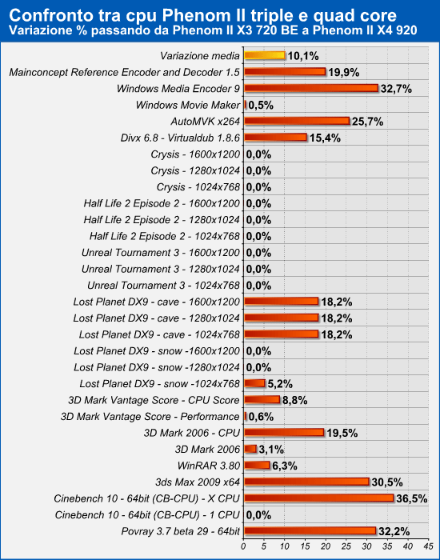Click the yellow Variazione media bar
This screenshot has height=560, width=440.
(x=265, y=55)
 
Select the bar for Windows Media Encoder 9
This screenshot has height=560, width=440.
(x=311, y=88)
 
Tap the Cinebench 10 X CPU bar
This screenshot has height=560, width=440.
(x=319, y=498)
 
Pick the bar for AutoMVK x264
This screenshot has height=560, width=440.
(x=297, y=121)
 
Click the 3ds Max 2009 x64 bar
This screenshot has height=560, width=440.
(x=306, y=482)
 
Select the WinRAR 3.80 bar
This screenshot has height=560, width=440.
(x=257, y=465)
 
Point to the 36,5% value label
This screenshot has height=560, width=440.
(x=412, y=498)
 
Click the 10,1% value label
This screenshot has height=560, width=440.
(x=303, y=56)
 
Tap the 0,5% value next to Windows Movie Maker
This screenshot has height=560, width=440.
(x=261, y=106)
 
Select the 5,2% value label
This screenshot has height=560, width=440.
(x=280, y=384)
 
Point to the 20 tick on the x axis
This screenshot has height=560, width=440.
(x=326, y=546)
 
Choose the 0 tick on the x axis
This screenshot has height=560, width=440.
(x=243, y=546)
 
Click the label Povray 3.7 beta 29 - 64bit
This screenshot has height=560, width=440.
(x=180, y=531)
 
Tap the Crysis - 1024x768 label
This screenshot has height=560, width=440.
(x=198, y=187)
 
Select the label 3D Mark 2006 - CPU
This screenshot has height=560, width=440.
(x=192, y=433)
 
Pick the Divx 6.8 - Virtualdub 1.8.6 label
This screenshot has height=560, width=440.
(x=180, y=138)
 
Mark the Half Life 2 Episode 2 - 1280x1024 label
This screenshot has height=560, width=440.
(x=162, y=220)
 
